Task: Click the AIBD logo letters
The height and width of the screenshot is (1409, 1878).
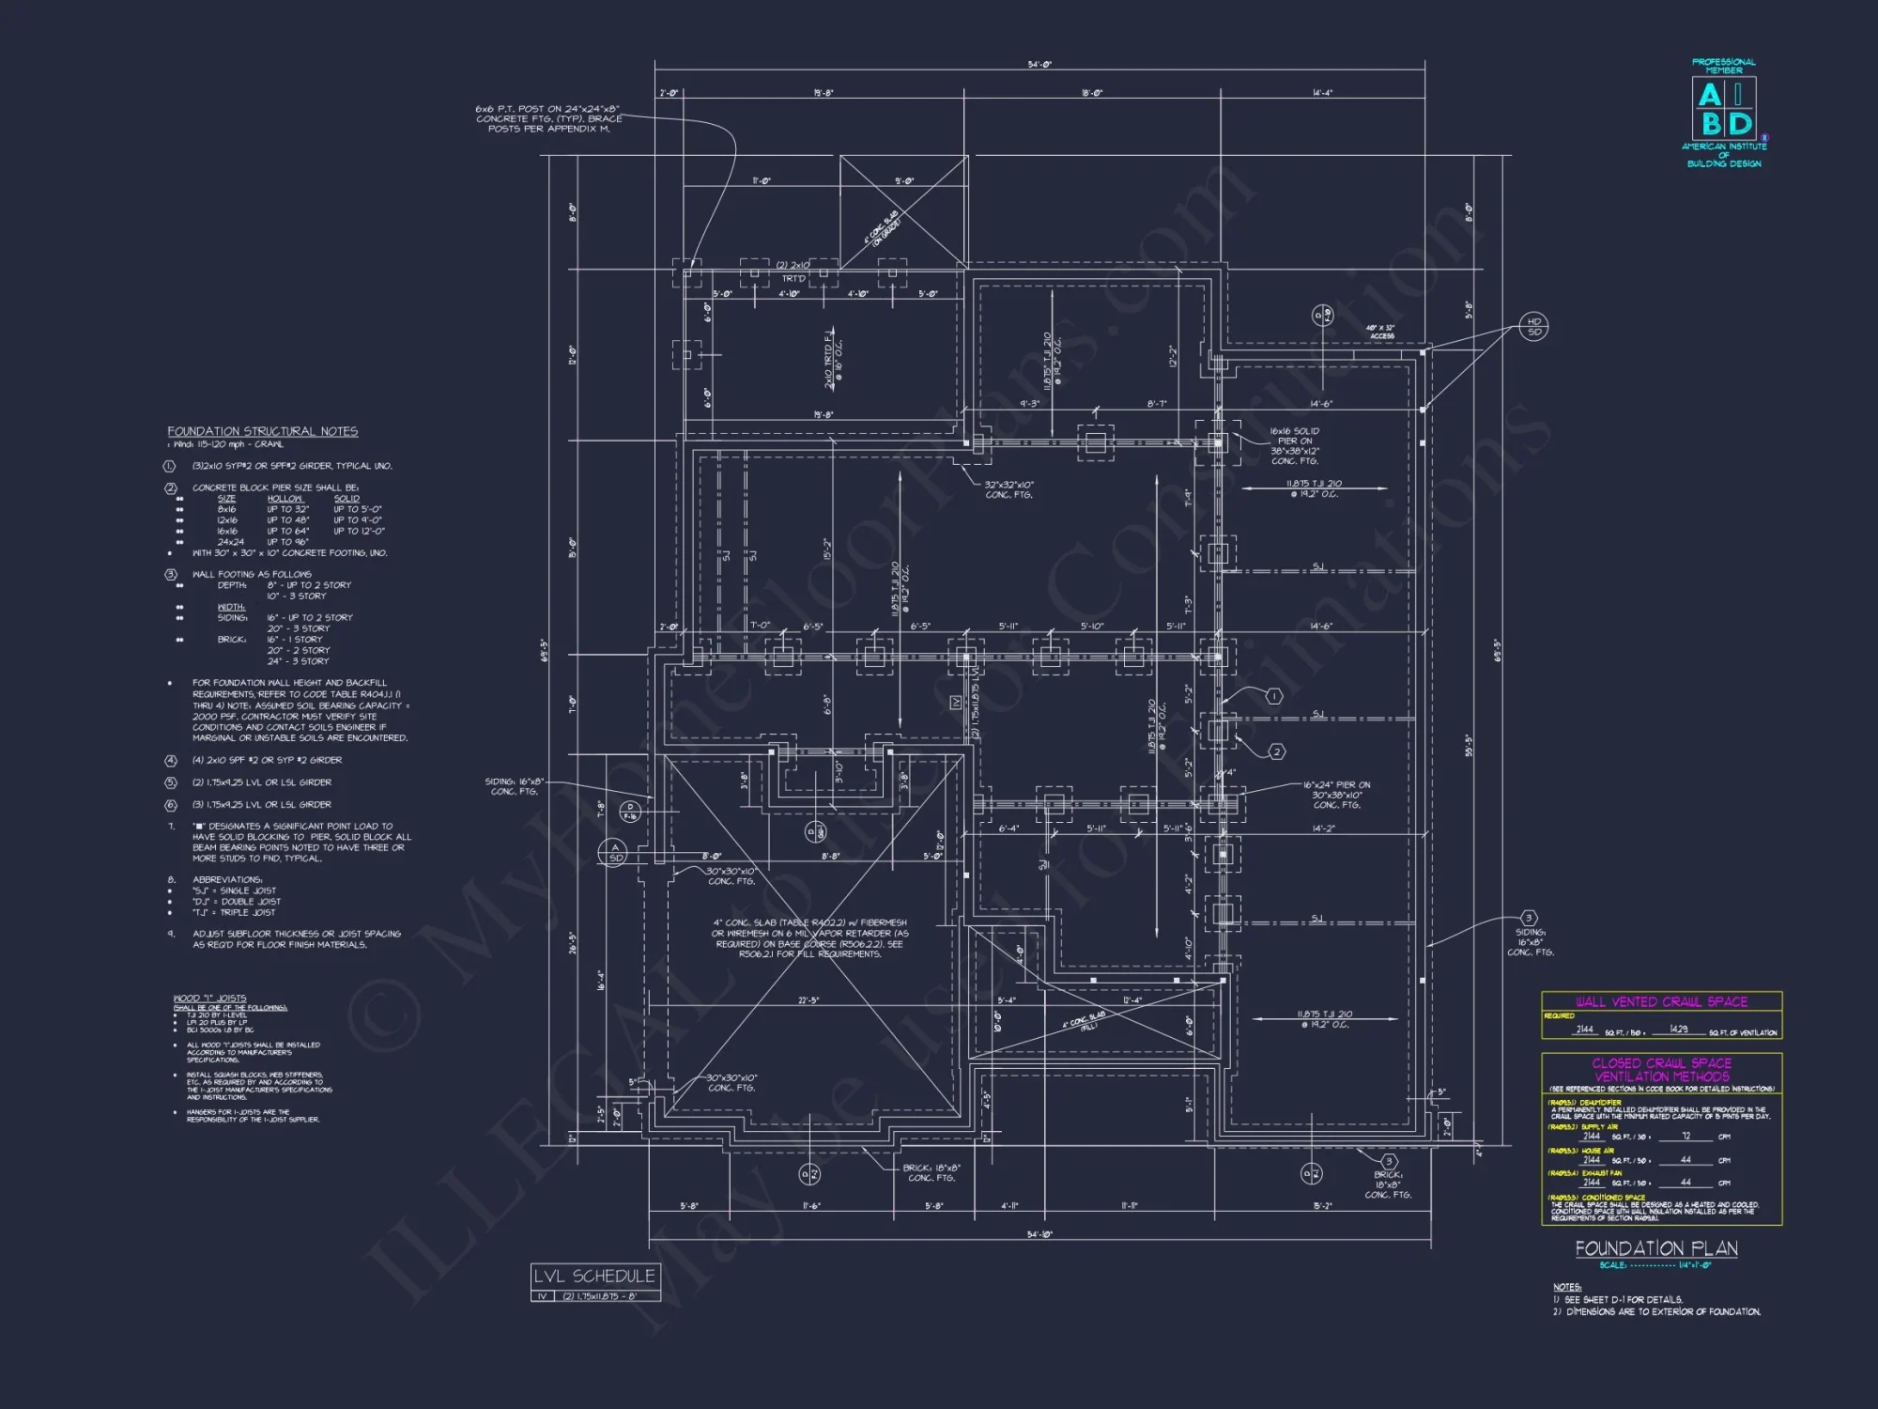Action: (1724, 110)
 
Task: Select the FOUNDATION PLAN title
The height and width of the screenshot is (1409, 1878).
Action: (1655, 1248)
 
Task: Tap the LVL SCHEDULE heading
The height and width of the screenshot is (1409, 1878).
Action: (594, 1276)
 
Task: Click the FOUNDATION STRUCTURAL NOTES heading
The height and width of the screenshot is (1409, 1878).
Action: (263, 431)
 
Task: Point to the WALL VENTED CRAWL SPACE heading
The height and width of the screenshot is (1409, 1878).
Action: (1661, 1001)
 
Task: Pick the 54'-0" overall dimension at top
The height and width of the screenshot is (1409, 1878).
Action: (1039, 65)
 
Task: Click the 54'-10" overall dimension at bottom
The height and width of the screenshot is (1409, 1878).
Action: (1039, 1234)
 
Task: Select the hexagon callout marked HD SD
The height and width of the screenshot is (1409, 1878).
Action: (1534, 327)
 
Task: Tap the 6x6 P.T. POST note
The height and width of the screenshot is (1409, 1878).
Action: (548, 118)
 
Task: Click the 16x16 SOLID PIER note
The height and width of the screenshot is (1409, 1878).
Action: (1295, 446)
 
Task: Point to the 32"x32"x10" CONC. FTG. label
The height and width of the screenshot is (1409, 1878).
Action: (1008, 489)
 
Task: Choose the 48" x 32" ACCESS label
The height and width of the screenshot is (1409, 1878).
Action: (1381, 332)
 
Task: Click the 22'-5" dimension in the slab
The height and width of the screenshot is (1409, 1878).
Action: (808, 1000)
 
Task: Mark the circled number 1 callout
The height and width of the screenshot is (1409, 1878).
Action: (1274, 696)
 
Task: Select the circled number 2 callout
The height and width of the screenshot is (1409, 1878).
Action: (1276, 751)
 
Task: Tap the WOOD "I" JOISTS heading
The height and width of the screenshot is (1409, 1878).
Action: (209, 998)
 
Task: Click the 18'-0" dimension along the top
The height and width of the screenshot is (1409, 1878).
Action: (1092, 93)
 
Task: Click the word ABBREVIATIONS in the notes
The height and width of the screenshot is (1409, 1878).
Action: (227, 880)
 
